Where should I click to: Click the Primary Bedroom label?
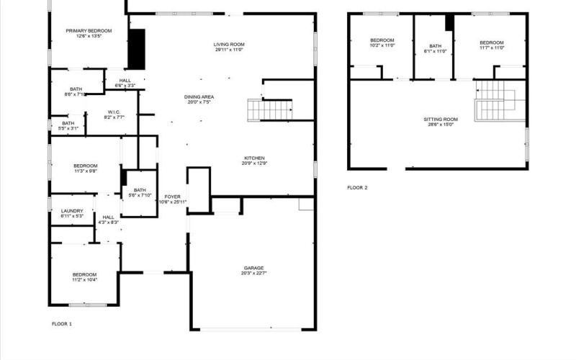click(x=89, y=30)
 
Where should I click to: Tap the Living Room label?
click(x=228, y=45)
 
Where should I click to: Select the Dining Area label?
click(x=199, y=97)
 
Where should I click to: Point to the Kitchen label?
click(x=255, y=158)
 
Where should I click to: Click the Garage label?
click(x=253, y=268)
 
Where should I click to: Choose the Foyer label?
click(x=172, y=197)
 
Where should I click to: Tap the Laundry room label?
click(x=72, y=211)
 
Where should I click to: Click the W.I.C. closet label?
click(x=114, y=112)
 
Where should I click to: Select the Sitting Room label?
click(x=440, y=119)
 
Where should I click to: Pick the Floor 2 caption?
click(x=357, y=188)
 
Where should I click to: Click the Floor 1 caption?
click(x=61, y=324)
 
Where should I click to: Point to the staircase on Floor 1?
click(x=270, y=109)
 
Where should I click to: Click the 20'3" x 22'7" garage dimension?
click(x=253, y=273)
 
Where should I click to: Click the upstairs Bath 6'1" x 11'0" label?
click(x=435, y=48)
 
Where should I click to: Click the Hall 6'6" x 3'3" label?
click(x=125, y=83)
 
